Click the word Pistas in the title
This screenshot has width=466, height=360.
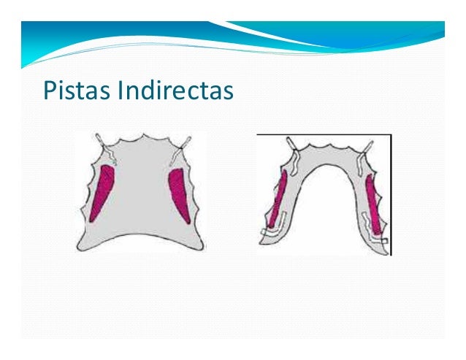[x=72, y=91]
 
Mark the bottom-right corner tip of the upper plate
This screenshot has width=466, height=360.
[x=205, y=250]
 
